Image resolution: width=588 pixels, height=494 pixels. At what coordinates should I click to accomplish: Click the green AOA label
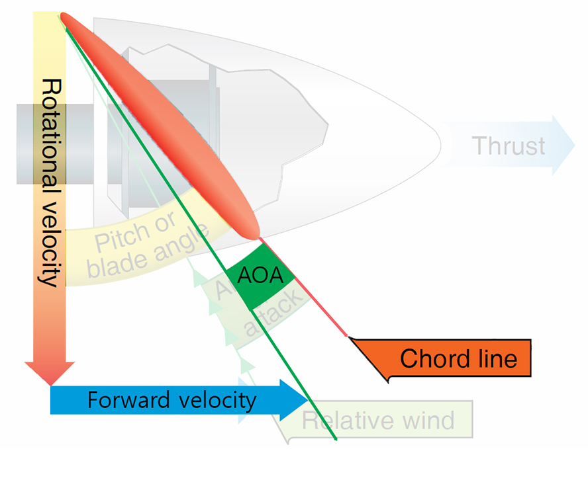coord(260,275)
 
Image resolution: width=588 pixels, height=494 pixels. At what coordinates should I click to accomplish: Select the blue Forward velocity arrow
coord(172,399)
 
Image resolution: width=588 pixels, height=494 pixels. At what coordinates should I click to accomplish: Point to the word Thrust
coord(509,145)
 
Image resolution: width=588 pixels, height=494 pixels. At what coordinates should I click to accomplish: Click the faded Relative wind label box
coord(378,421)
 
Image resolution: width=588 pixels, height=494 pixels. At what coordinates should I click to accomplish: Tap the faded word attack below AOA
coord(268,313)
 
